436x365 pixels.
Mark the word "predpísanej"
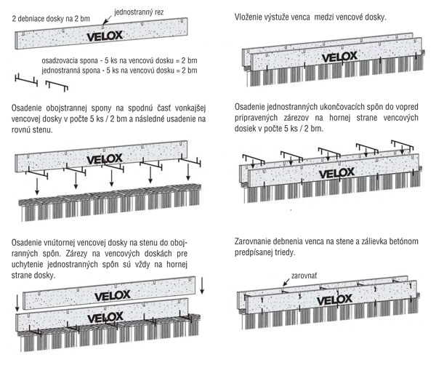point(263,252)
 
